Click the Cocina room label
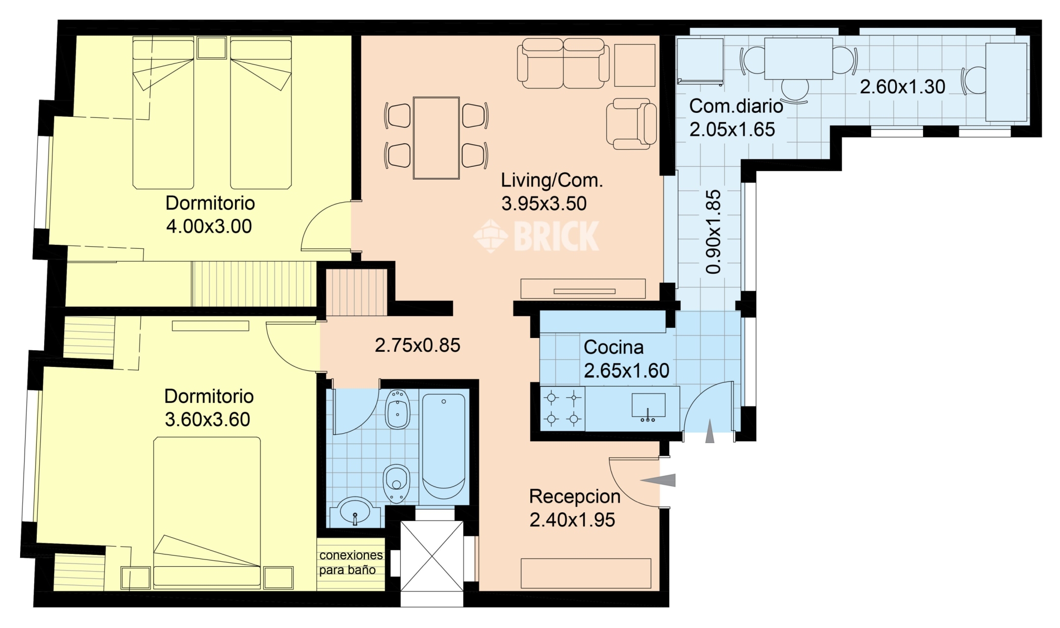click(613, 347)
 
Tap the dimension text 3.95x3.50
click(544, 204)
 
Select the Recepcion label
click(575, 497)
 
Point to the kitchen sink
click(648, 407)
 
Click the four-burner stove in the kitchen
click(563, 409)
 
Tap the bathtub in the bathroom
click(444, 446)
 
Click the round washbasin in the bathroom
click(355, 511)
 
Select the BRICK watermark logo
click(536, 236)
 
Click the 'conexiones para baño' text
click(351, 562)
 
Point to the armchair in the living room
click(632, 123)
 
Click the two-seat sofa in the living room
click(563, 63)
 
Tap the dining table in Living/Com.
click(436, 138)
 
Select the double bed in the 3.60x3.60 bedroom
click(207, 513)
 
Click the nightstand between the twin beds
click(212, 48)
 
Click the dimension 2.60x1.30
click(903, 87)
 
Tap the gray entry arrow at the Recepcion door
click(658, 480)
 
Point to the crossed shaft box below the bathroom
click(432, 556)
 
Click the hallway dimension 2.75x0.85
click(417, 345)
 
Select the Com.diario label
click(736, 106)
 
